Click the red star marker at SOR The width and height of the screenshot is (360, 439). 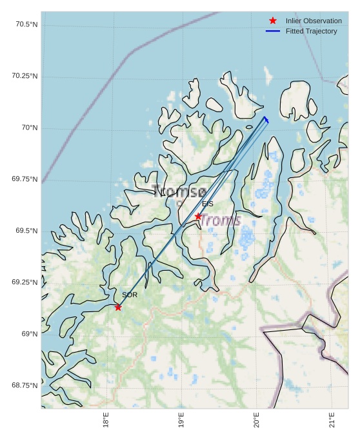point(118,307)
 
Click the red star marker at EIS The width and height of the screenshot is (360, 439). point(198,217)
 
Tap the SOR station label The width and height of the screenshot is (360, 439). point(130,295)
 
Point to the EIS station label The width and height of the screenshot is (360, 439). point(208,204)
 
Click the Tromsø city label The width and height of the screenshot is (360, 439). point(179,191)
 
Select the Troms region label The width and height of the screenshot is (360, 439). point(220,220)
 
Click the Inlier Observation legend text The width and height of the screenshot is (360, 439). point(314,21)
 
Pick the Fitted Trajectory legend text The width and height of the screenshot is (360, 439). point(311,31)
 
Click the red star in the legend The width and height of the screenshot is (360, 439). point(273,21)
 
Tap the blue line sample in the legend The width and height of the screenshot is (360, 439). point(273,31)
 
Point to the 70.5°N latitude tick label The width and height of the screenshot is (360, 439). point(26,24)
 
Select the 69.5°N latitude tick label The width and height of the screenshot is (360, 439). point(26,231)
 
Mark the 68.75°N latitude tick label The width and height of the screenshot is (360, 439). point(25,385)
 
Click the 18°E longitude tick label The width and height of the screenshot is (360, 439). point(106,420)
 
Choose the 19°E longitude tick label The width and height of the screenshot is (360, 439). point(181,420)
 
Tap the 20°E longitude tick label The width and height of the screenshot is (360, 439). point(257,420)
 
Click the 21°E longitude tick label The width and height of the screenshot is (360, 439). point(332,420)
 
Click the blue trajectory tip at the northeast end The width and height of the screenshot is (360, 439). point(265,118)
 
